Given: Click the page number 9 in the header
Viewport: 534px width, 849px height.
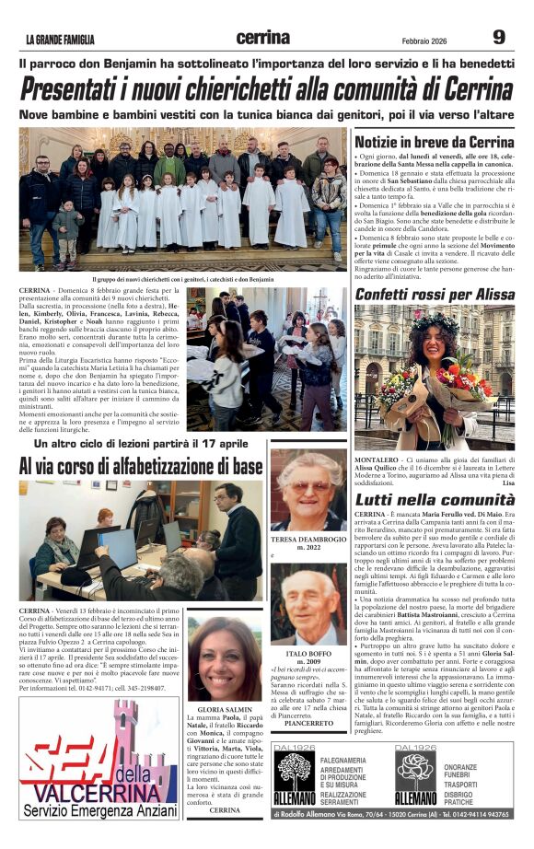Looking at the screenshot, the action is click(x=499, y=37).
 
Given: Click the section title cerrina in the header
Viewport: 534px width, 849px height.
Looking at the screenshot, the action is click(x=262, y=38).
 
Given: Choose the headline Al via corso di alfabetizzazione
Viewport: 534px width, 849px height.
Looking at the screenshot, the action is click(x=141, y=467).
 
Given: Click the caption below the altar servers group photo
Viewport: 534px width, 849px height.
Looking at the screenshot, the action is click(x=182, y=278).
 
